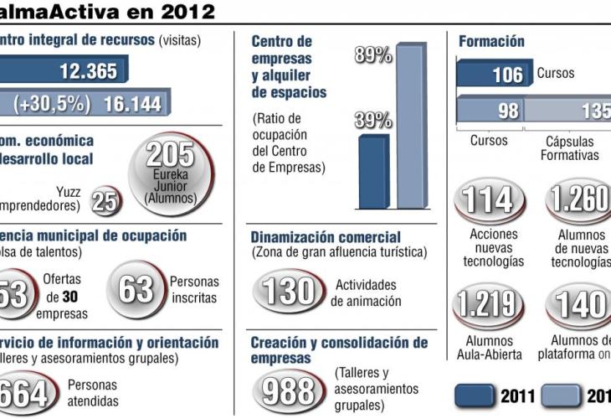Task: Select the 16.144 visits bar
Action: pyautogui.click(x=84, y=103)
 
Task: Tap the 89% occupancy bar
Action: pyautogui.click(x=410, y=126)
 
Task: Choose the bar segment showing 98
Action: pyautogui.click(x=490, y=110)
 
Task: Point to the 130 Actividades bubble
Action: pyautogui.click(x=288, y=291)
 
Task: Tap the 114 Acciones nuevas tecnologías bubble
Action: pyautogui.click(x=489, y=201)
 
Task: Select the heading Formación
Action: pyautogui.click(x=491, y=41)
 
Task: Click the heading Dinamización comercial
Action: pyautogui.click(x=326, y=238)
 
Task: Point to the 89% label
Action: pyautogui.click(x=373, y=55)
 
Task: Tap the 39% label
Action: pyautogui.click(x=372, y=119)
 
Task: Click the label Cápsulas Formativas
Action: pyautogui.click(x=569, y=148)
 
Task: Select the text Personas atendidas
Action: pyautogui.click(x=92, y=393)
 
